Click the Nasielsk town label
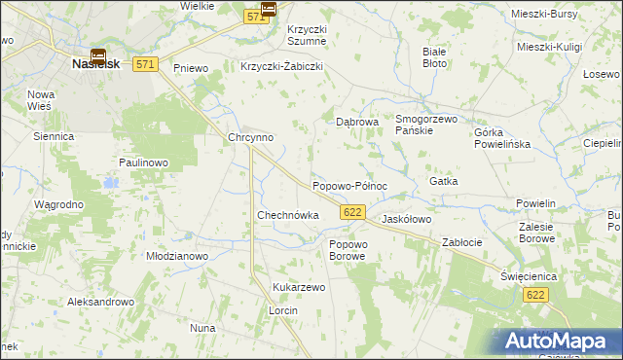[95, 63]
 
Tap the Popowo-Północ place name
[349, 185]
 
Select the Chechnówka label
[287, 215]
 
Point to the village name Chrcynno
[250, 138]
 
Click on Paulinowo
[145, 162]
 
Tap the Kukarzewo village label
[299, 288]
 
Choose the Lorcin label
[282, 309]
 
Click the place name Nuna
[202, 329]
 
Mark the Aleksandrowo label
[99, 303]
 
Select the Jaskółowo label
[406, 220]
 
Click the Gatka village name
[443, 182]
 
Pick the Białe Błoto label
[434, 56]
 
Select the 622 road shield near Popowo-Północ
[352, 212]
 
